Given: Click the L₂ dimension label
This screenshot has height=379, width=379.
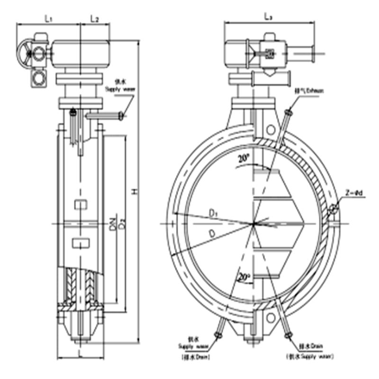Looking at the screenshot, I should tap(94, 18).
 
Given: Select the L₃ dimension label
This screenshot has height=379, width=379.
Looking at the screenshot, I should tap(268, 17).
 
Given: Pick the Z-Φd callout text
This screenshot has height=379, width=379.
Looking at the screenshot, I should tap(354, 193).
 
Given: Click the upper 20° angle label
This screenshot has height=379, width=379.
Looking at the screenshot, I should tap(244, 160).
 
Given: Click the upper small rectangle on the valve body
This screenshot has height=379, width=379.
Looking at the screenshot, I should tap(81, 205).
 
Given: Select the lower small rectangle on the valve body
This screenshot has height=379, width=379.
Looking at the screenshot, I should tap(80, 244).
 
